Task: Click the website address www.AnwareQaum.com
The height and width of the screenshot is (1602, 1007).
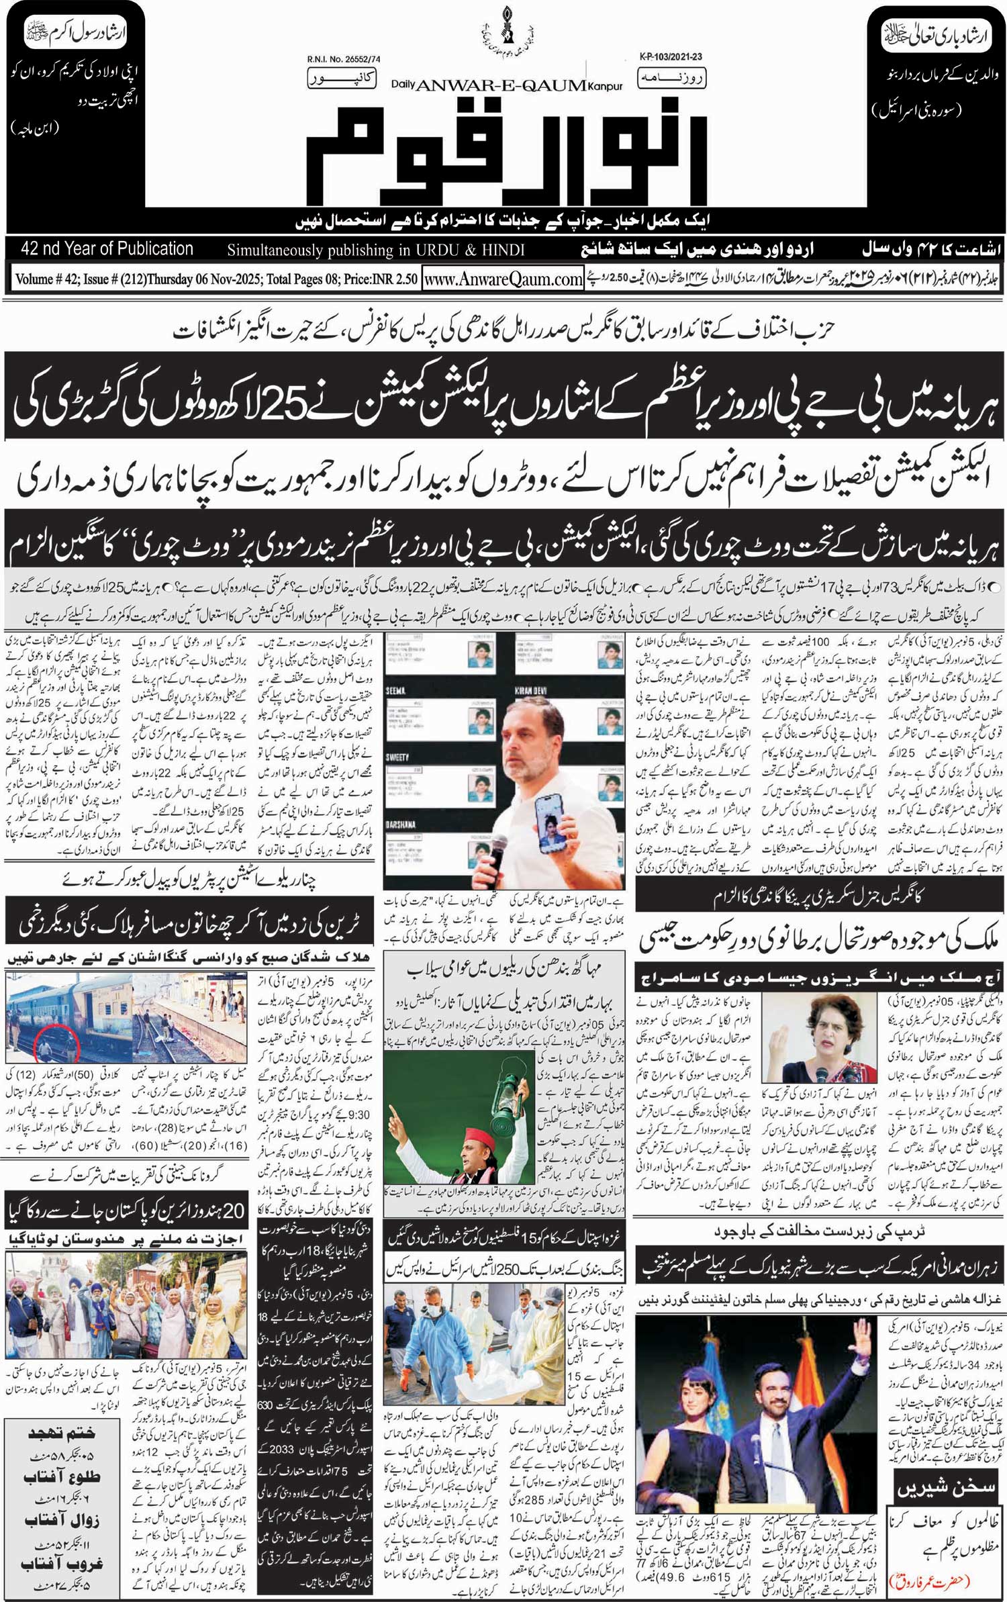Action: pos(503,279)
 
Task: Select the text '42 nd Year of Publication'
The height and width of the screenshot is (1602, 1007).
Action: pos(107,249)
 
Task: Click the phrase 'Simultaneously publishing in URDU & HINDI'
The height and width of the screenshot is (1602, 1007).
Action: pos(375,250)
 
